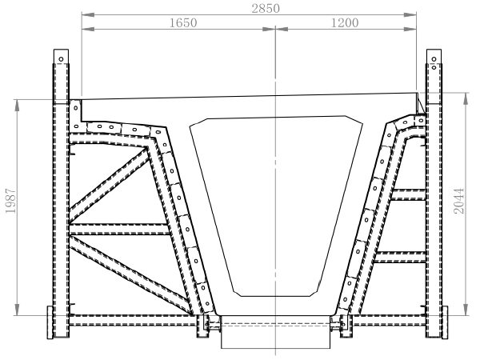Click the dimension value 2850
pos(266,8)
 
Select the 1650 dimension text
pos(183,22)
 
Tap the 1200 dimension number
pos(345,22)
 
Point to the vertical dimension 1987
pos(10,201)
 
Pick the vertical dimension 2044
pos(459,201)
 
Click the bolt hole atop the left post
pos(62,59)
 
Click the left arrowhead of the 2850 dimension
pos(88,14)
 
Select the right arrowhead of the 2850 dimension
pos(410,14)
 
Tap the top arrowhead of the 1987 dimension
pos(17,106)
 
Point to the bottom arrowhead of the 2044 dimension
pos(466,309)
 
